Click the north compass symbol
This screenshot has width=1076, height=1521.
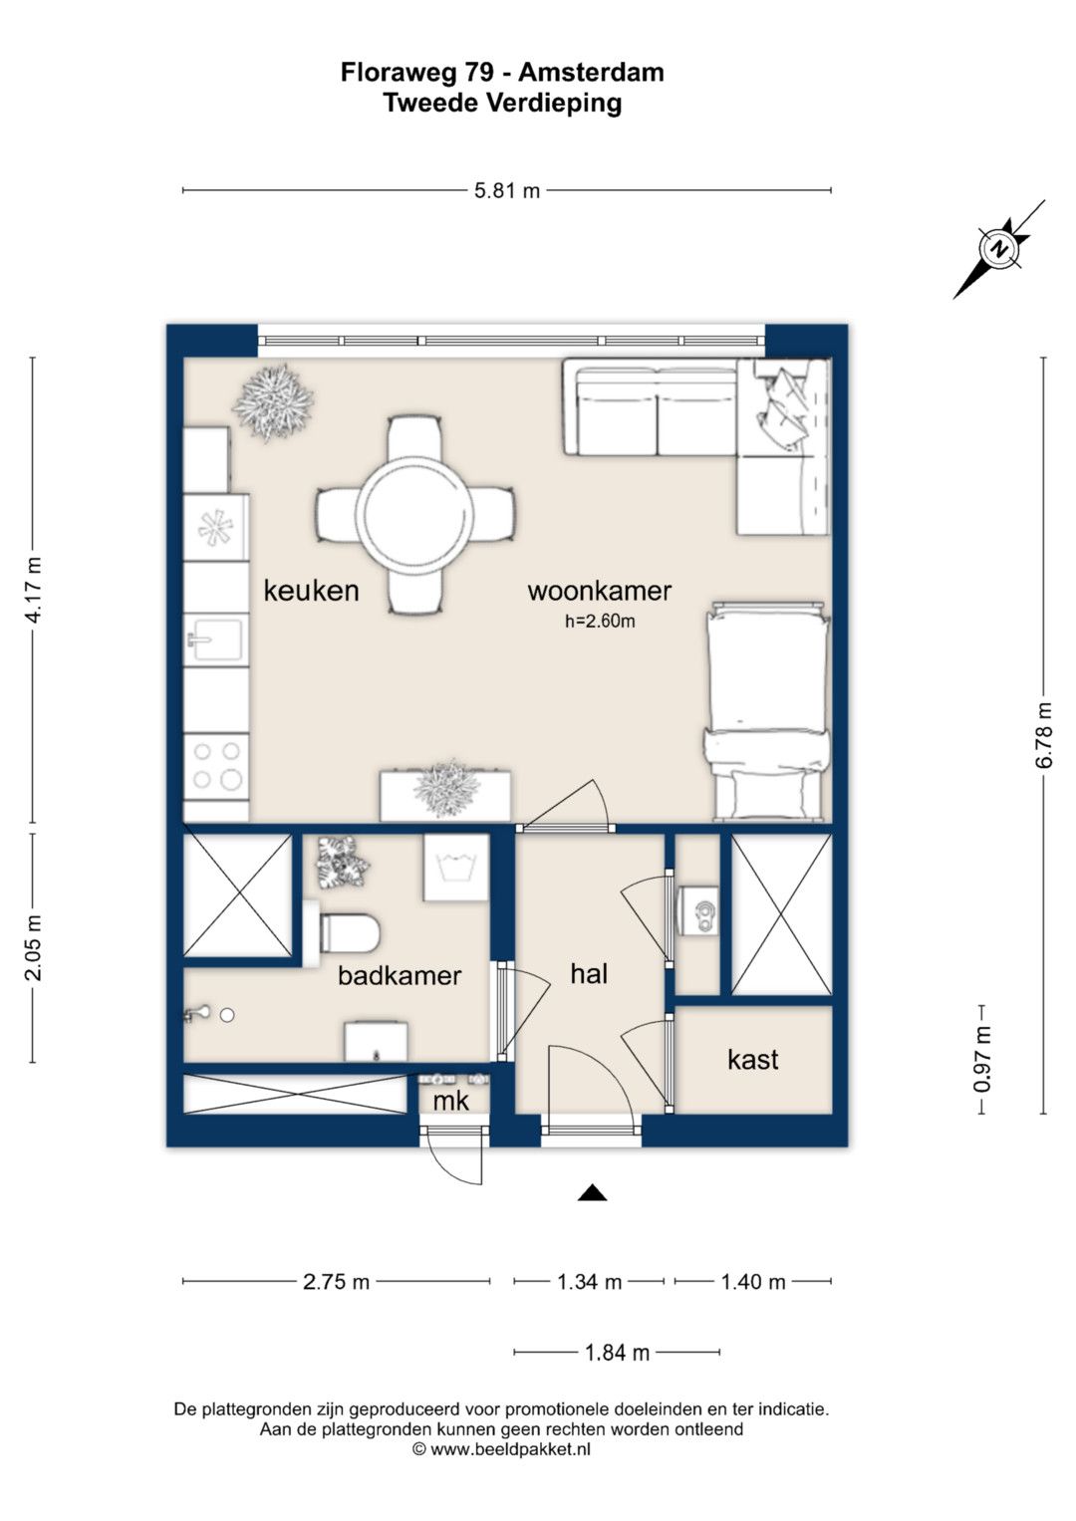click(998, 249)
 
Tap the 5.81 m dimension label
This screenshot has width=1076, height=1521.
click(507, 191)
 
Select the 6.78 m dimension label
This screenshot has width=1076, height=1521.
click(1044, 735)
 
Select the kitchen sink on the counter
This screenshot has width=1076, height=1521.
click(216, 638)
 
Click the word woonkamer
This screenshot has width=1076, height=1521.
click(599, 591)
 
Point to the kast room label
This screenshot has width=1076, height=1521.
click(752, 1059)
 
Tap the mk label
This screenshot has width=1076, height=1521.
click(450, 1101)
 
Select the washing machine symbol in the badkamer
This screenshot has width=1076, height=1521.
click(456, 868)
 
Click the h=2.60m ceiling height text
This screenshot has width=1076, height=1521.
click(600, 622)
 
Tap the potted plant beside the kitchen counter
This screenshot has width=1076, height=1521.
click(273, 402)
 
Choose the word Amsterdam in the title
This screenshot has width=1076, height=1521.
click(591, 72)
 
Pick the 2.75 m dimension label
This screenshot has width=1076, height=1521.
click(336, 1282)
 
